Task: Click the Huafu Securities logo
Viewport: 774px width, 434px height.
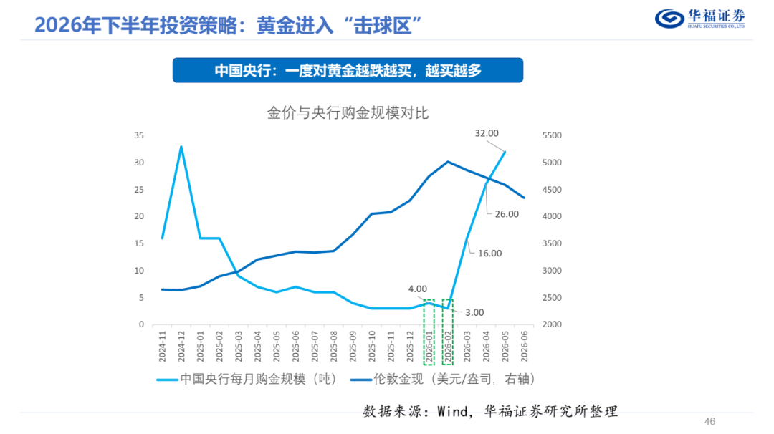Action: [x=700, y=19]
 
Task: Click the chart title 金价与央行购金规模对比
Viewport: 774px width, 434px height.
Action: [x=348, y=113]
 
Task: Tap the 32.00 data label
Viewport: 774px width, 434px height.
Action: [x=487, y=133]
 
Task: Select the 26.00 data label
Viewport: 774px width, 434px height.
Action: [x=507, y=214]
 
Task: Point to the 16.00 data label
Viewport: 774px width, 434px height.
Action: [x=489, y=254]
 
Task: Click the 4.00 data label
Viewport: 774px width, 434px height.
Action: [x=418, y=289]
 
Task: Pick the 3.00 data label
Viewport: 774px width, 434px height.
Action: [x=474, y=313]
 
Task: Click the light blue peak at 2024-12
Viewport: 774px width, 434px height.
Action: [x=181, y=147]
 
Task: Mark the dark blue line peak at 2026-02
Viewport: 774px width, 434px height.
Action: [x=448, y=161]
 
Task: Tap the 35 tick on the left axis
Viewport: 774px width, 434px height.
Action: [x=139, y=135]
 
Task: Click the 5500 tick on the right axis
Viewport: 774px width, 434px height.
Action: [x=552, y=135]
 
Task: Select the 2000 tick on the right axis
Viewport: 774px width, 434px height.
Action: [x=552, y=324]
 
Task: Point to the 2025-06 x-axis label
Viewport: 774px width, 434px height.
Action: [x=296, y=346]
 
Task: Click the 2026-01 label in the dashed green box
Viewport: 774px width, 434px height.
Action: [x=429, y=346]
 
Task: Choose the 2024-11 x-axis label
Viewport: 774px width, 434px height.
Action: [x=163, y=346]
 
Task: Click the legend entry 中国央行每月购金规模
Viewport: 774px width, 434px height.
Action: [x=247, y=379]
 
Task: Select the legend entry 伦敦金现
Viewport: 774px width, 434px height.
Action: [x=443, y=379]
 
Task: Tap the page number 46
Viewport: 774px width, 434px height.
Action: [x=709, y=422]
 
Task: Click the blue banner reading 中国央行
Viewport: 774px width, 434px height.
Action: [x=348, y=70]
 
